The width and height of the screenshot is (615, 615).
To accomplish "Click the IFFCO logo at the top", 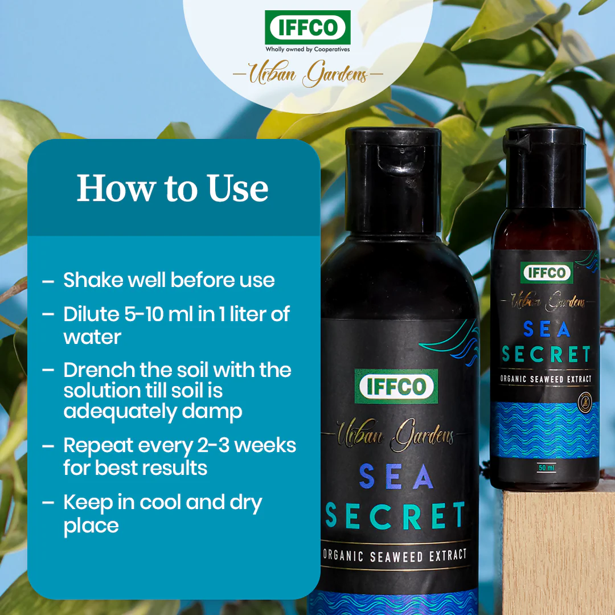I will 307,27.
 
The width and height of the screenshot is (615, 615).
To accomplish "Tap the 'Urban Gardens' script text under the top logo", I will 307,75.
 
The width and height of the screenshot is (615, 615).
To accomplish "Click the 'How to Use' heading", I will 173,188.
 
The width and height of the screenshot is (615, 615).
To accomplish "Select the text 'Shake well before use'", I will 169,280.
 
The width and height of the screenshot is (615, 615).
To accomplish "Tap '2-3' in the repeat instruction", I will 212,445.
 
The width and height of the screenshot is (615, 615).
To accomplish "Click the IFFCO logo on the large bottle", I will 396,387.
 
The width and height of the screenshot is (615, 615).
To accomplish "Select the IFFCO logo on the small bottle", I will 547,273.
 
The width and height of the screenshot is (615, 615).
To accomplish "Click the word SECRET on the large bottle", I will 395,515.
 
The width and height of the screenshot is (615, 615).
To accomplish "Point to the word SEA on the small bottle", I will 546,330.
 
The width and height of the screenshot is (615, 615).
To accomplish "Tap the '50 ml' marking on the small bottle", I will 547,468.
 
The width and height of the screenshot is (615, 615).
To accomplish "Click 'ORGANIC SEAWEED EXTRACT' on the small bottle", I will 546,379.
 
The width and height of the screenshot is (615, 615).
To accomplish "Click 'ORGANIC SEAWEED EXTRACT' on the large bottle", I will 395,555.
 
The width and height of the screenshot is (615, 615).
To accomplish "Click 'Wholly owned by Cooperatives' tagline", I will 307,50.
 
